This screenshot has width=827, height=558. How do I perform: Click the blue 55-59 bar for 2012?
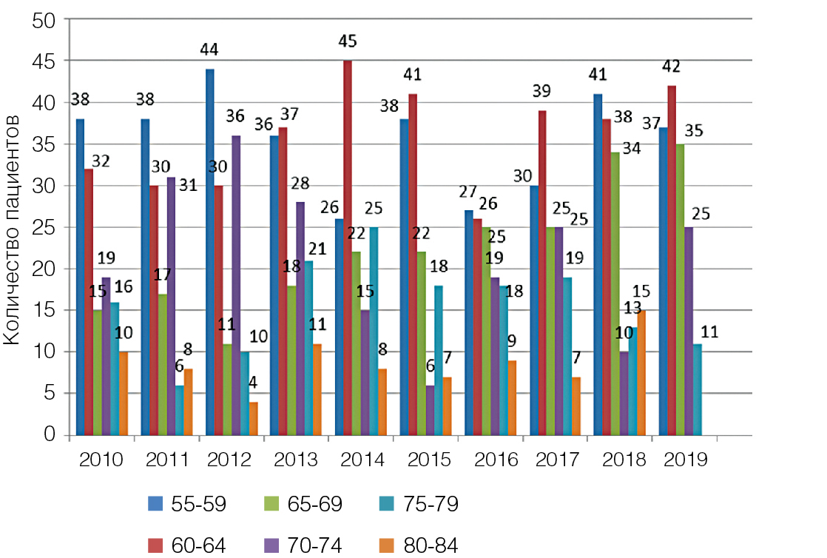pyautogui.click(x=210, y=252)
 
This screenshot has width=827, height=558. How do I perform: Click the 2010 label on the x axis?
pyautogui.click(x=101, y=459)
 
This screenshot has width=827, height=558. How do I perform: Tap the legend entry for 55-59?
pyautogui.click(x=184, y=505)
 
